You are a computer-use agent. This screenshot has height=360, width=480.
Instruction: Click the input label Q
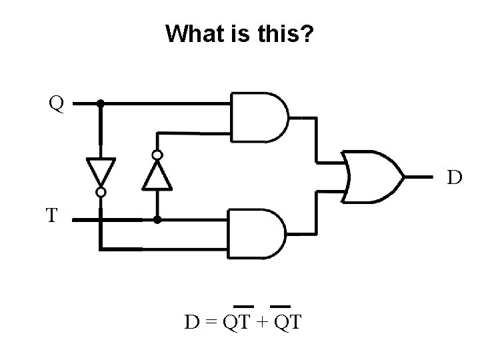56,104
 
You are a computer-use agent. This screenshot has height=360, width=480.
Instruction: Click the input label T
52,215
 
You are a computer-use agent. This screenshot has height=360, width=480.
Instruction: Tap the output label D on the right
454,177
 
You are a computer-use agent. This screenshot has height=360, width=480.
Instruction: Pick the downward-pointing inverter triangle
101,171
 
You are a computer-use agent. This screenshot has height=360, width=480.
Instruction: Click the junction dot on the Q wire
100,104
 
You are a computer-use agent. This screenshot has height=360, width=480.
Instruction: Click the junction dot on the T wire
157,219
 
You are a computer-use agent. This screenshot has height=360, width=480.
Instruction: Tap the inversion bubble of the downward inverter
101,192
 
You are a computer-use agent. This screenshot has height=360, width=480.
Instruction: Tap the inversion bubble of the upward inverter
157,155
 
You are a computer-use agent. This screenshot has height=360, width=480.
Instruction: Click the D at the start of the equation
192,323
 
